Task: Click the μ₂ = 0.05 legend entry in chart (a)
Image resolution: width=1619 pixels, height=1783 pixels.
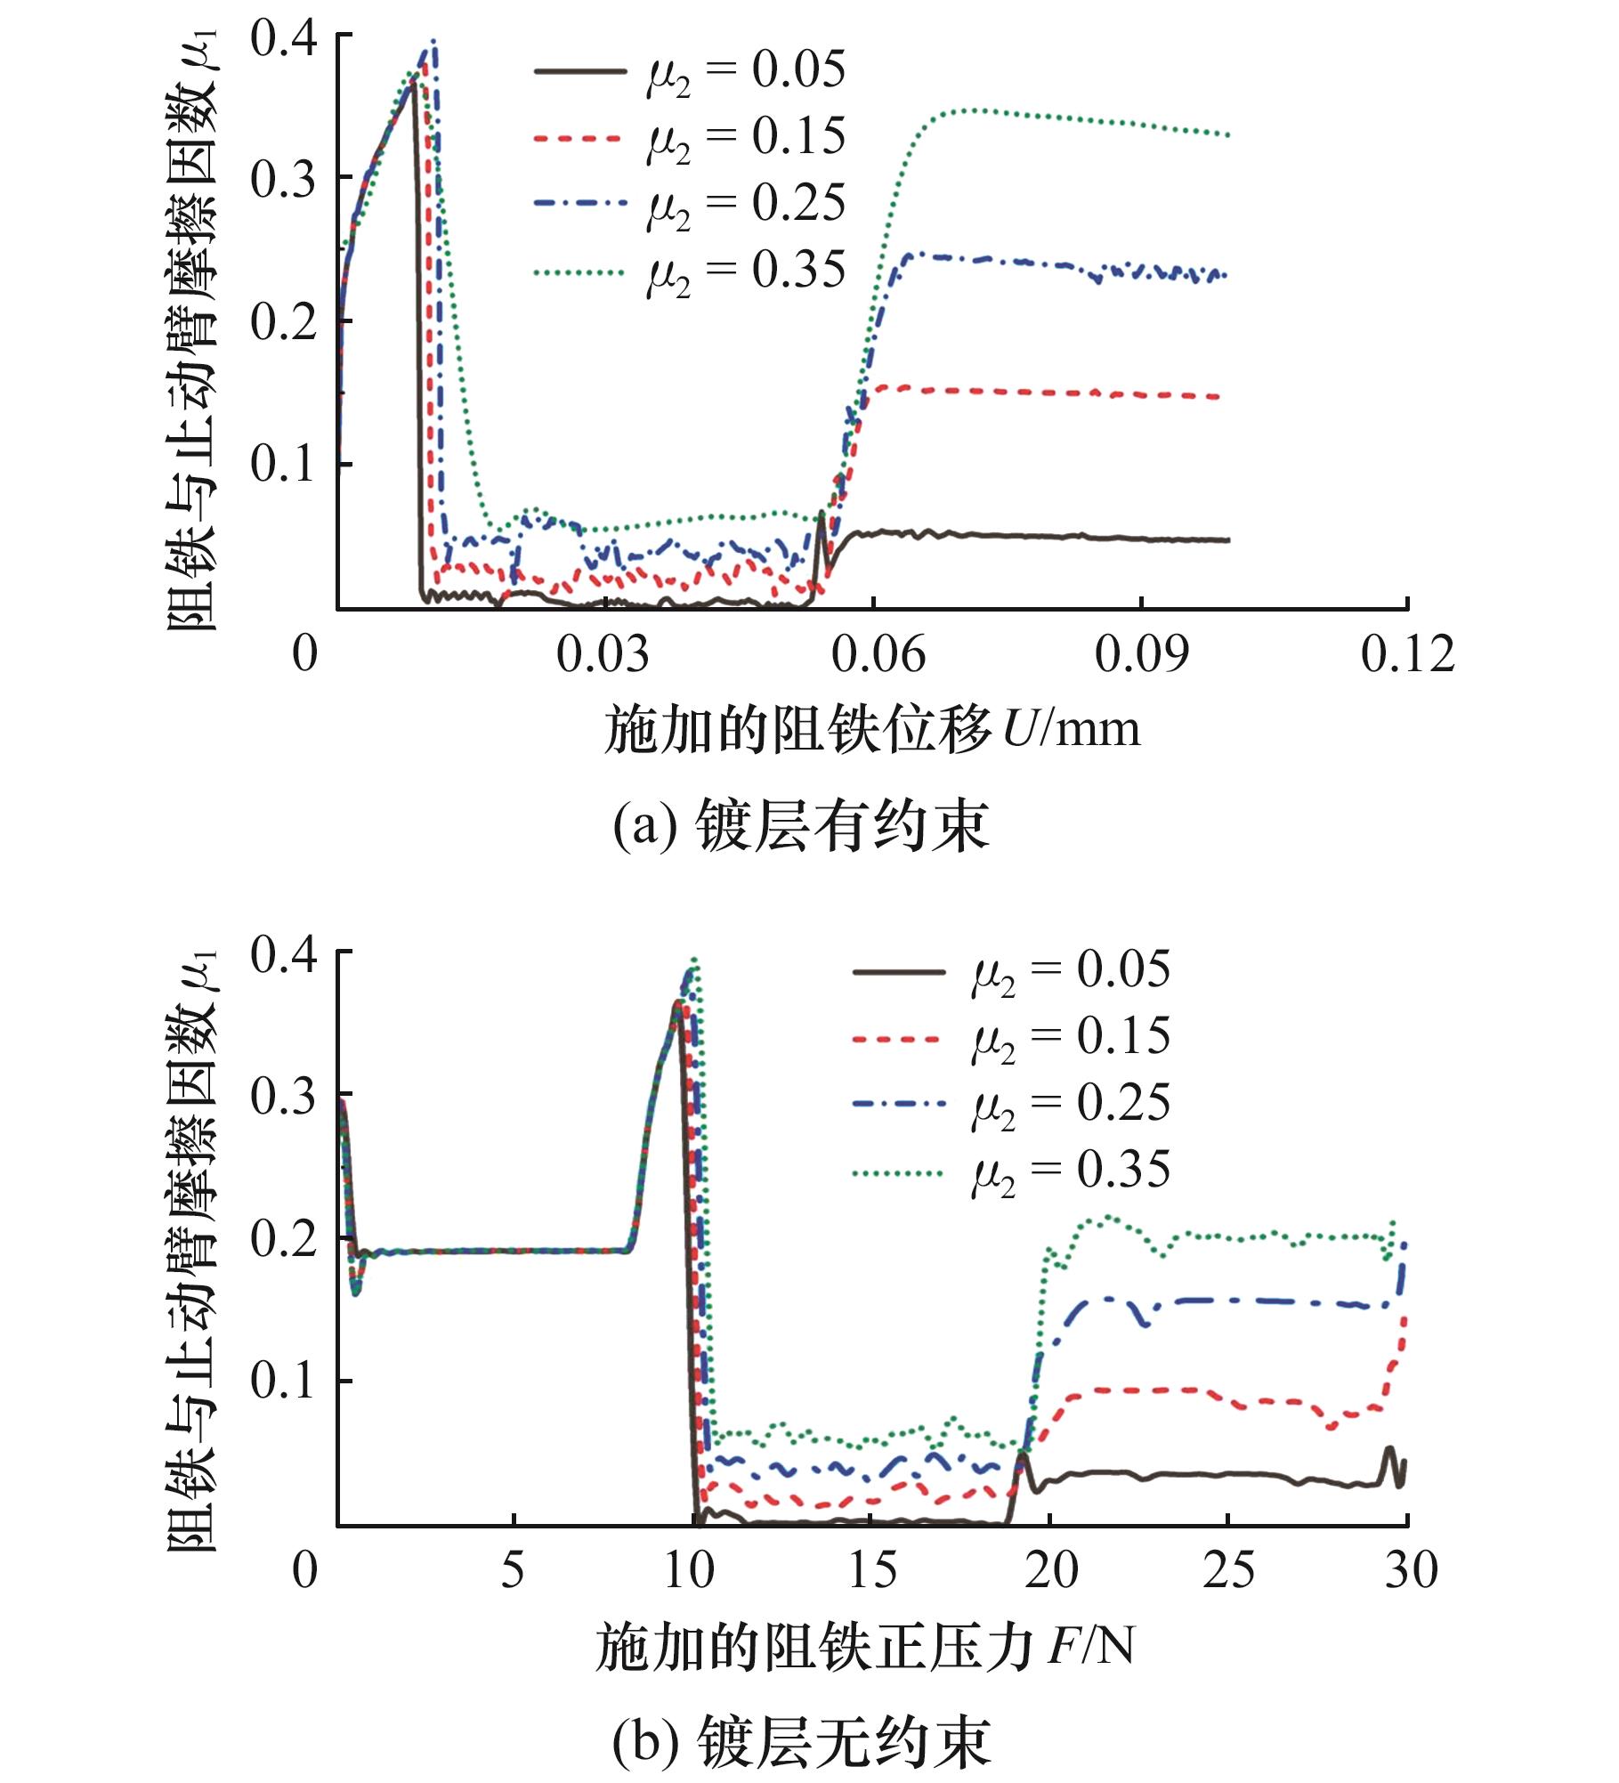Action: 690,70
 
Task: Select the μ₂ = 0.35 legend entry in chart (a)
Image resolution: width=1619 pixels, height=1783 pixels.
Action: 690,271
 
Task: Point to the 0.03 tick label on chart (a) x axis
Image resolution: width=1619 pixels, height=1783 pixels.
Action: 603,654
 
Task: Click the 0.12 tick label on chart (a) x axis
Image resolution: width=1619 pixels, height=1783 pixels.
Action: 1407,654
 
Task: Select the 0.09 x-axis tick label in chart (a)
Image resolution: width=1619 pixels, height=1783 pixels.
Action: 1141,654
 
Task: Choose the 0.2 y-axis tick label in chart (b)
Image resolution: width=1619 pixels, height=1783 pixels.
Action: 282,1238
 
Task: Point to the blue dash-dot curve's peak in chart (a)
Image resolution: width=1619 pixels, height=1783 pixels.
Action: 433,41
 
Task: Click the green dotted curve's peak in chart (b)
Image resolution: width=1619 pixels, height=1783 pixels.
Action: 695,960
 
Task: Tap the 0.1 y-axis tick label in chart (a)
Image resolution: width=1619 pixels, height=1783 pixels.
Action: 282,465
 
